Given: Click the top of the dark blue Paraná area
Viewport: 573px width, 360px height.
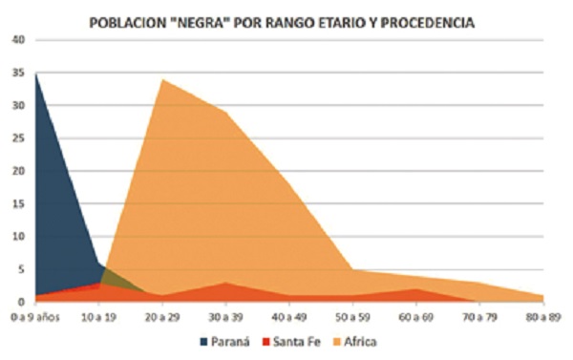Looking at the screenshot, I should pyautogui.click(x=36, y=74).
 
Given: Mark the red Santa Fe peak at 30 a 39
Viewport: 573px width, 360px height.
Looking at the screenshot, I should pyautogui.click(x=225, y=283).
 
